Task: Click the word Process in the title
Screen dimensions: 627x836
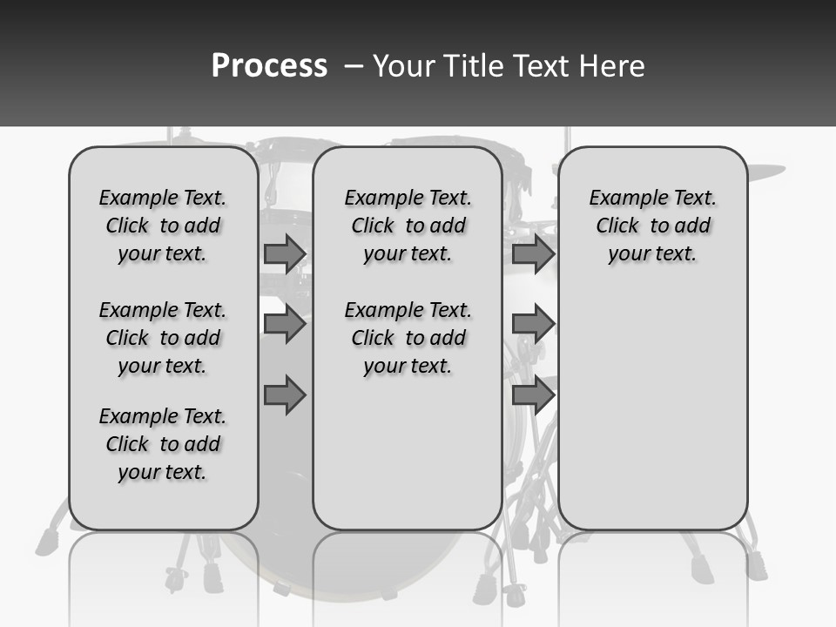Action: [x=269, y=66]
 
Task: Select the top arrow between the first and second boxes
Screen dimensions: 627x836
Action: [x=285, y=253]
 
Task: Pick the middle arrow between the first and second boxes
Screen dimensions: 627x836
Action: [x=285, y=324]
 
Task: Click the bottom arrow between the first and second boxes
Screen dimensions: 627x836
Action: [x=285, y=395]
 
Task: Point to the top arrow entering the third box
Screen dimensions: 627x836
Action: [x=533, y=253]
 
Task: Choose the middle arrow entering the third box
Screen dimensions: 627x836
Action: [x=533, y=324]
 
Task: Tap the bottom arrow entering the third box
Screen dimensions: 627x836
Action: [x=533, y=395]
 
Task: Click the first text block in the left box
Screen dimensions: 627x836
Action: [x=163, y=226]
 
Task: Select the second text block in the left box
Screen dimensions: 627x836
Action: [x=163, y=338]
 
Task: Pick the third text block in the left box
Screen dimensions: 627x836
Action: [x=163, y=444]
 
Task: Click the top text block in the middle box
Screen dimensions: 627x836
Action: [x=408, y=226]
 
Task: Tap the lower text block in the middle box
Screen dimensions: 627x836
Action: [x=408, y=338]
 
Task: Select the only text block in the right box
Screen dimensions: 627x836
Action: [x=652, y=226]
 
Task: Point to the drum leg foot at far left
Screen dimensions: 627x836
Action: [x=44, y=545]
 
